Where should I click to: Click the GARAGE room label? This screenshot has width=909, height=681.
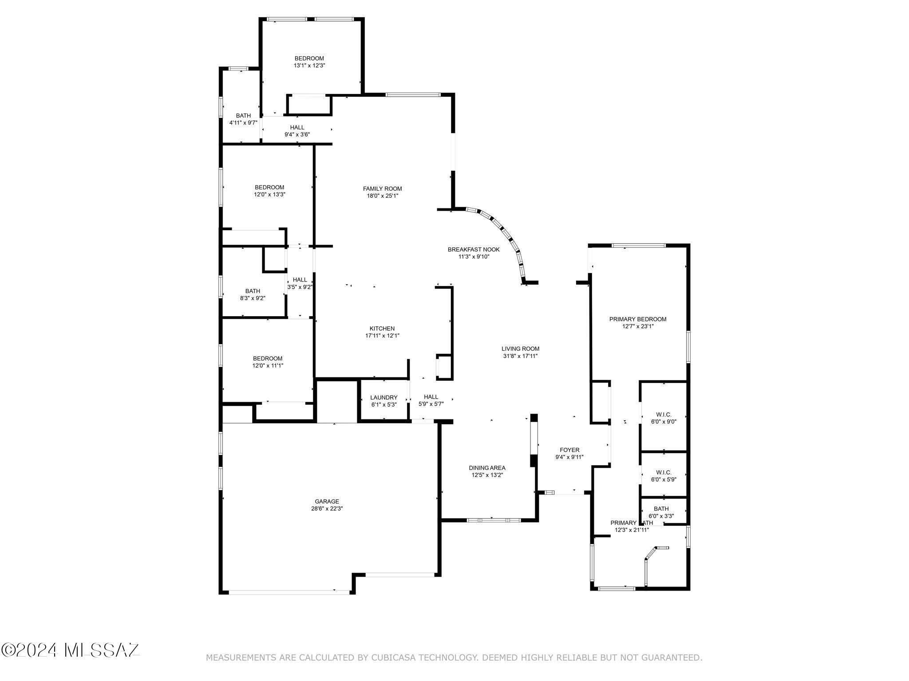pyautogui.click(x=327, y=501)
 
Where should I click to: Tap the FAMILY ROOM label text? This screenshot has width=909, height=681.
pyautogui.click(x=382, y=188)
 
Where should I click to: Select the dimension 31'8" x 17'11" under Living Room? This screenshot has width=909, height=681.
pyautogui.click(x=520, y=356)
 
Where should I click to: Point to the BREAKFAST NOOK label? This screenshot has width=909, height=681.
pyautogui.click(x=474, y=250)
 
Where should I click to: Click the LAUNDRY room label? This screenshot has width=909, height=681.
pyautogui.click(x=383, y=397)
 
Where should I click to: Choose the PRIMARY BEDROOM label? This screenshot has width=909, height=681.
pyautogui.click(x=637, y=319)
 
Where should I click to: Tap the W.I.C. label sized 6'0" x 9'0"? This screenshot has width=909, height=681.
pyautogui.click(x=663, y=415)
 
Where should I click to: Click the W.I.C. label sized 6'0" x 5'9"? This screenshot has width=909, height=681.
pyautogui.click(x=663, y=473)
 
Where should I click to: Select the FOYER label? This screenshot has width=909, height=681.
pyautogui.click(x=569, y=450)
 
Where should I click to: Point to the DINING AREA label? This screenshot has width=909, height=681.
pyautogui.click(x=487, y=468)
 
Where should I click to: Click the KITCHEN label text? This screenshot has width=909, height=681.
pyautogui.click(x=382, y=329)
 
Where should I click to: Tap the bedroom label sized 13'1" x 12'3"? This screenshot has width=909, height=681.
pyautogui.click(x=309, y=59)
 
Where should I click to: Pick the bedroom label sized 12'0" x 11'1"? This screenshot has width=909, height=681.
pyautogui.click(x=268, y=358)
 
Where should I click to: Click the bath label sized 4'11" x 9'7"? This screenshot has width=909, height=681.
pyautogui.click(x=243, y=116)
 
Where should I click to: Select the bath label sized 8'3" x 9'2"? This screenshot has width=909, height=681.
pyautogui.click(x=253, y=291)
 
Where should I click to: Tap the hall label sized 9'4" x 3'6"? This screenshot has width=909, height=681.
pyautogui.click(x=297, y=128)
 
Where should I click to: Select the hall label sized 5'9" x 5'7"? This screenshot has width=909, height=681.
pyautogui.click(x=431, y=397)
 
